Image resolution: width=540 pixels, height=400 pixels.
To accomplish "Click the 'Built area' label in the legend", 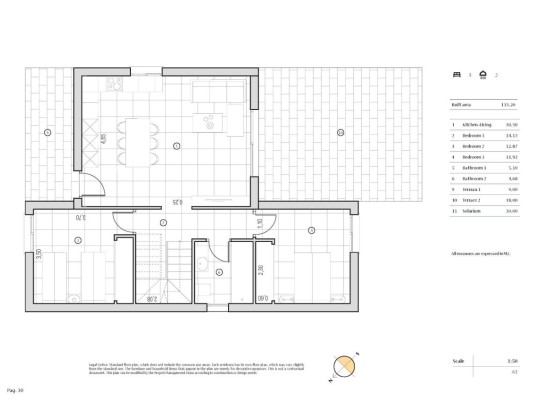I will click(x=459, y=103).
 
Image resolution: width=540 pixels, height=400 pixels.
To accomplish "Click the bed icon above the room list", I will click(x=457, y=74).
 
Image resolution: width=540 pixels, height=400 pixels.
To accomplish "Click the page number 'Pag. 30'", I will click(x=14, y=387).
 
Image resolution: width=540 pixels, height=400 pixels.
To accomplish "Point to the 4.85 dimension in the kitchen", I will click(x=103, y=139).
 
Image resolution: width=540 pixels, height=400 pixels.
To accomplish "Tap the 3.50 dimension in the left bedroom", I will click(x=39, y=254).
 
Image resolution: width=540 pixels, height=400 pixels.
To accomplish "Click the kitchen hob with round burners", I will click(x=211, y=120).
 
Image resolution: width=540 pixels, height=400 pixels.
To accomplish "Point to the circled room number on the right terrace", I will click(x=340, y=133).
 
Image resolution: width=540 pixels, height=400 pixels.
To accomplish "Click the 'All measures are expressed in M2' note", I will click(x=484, y=254).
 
